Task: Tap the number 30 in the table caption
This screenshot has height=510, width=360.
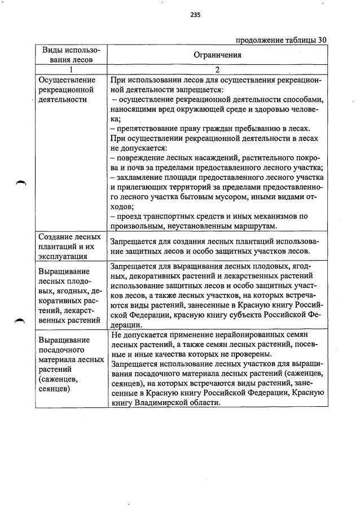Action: pyautogui.click(x=322, y=39)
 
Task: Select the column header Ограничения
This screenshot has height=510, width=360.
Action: pyautogui.click(x=217, y=55)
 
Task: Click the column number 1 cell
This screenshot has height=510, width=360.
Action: pyautogui.click(x=72, y=70)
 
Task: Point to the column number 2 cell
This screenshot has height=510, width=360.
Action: pyautogui.click(x=217, y=70)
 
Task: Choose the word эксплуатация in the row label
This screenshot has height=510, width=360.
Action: pyautogui.click(x=62, y=256)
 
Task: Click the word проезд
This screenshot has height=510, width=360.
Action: pyautogui.click(x=128, y=216)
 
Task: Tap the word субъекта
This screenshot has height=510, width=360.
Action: pyautogui.click(x=260, y=315)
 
